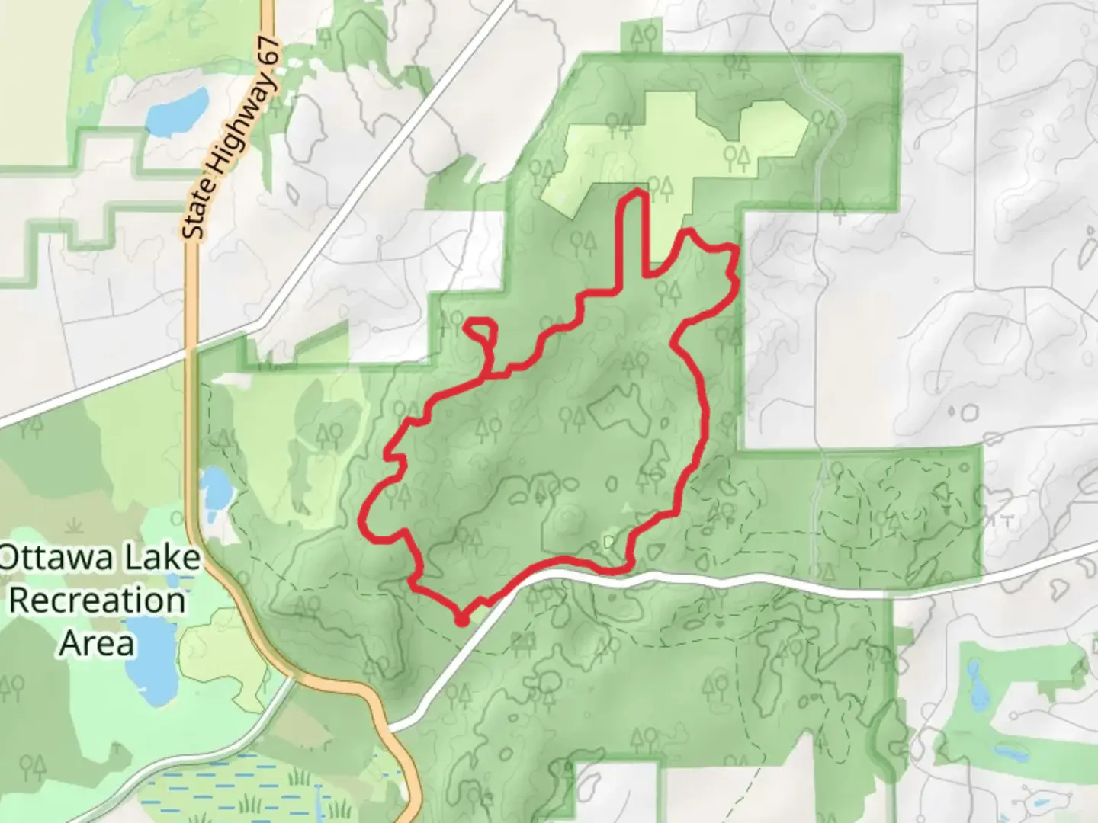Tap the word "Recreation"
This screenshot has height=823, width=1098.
(x=98, y=600)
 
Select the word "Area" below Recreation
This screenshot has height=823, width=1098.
(x=98, y=643)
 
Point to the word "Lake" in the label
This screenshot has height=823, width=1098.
(x=162, y=558)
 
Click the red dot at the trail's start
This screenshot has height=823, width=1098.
(x=461, y=621)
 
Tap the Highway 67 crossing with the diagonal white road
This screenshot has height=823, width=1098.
(x=192, y=351)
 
